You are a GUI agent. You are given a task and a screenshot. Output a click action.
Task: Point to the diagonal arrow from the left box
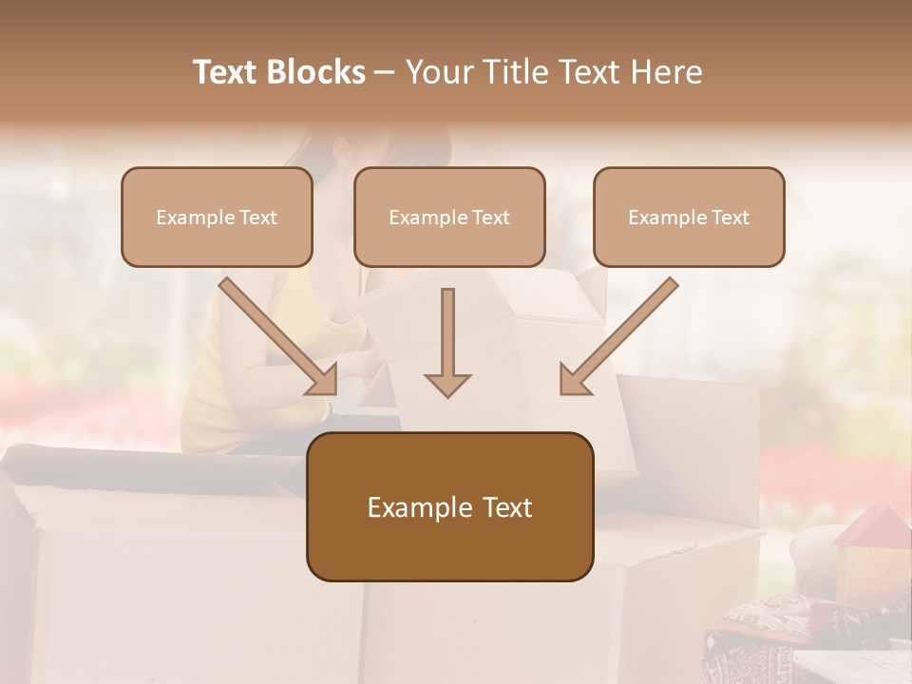coord(275,335)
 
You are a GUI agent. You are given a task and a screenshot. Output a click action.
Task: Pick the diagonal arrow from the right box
coord(620,335)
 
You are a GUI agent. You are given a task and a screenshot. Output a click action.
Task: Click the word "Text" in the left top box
coord(258,218)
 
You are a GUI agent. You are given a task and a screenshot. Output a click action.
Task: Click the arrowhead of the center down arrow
coord(447,384)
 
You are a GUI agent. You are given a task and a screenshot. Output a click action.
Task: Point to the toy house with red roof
coord(870,556)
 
